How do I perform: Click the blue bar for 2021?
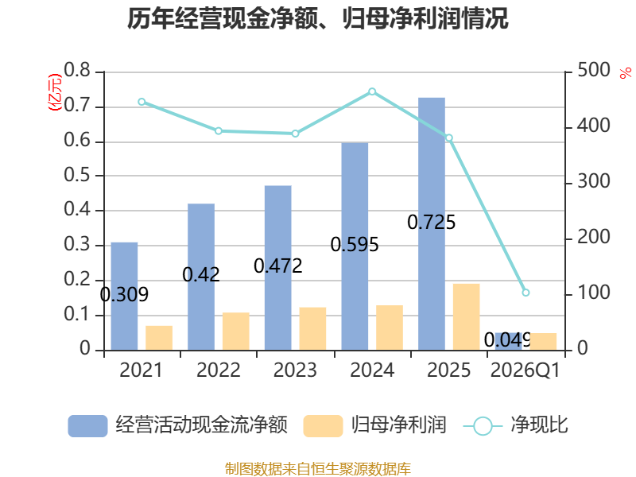coord(124,296)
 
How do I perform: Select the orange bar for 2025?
coord(467,316)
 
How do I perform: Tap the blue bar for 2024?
coord(355,246)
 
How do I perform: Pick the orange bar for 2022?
coord(235,331)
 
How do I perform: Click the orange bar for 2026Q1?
coord(543,342)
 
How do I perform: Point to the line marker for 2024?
coord(372,91)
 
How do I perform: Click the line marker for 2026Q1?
coord(525,293)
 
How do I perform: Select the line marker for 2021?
coord(142,102)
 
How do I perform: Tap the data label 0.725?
coord(431,223)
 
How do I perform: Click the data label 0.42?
coord(201,274)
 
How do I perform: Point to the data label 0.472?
coord(277,266)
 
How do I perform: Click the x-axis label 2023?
coord(295,370)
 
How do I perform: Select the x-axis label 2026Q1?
coord(525,370)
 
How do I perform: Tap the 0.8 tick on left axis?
coord(77,70)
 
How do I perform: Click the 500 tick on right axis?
coord(593,70)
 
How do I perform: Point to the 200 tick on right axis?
coord(593,237)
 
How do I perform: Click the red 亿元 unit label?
coord(55,92)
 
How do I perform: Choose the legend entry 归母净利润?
coord(374,425)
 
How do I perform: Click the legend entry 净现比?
coord(515,425)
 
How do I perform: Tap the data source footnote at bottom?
coord(318,469)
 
